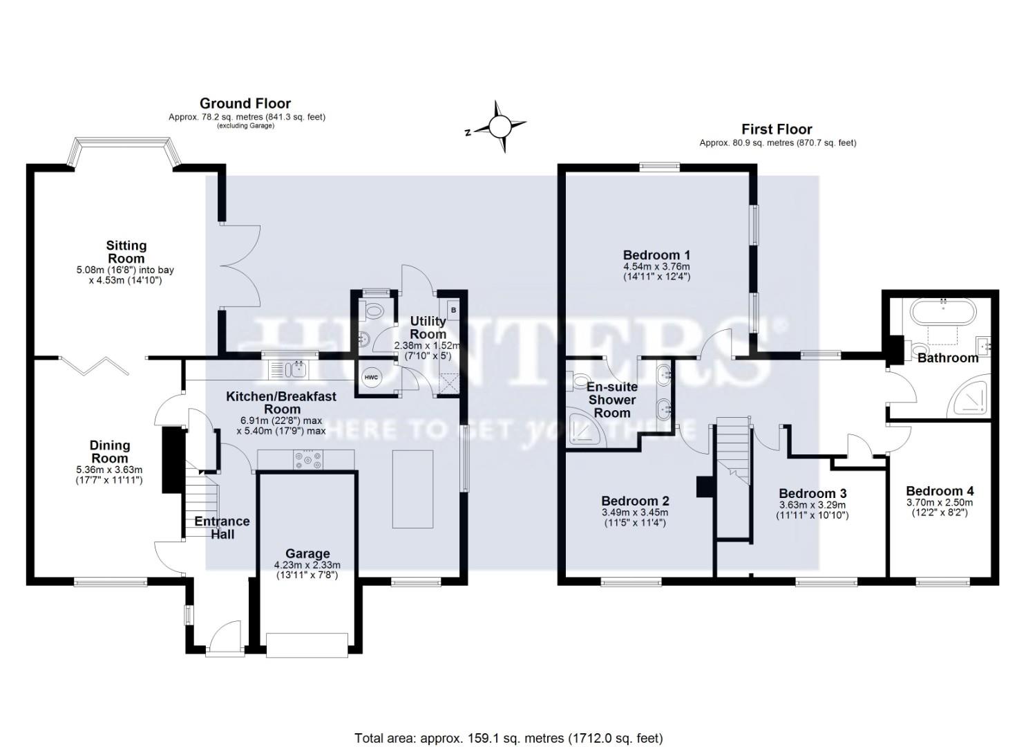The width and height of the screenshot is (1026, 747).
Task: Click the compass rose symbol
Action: (500, 127)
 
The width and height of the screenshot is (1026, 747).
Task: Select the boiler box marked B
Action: (453, 310)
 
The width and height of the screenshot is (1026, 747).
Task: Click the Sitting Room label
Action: (126, 252)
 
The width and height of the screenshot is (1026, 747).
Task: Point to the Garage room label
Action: (307, 553)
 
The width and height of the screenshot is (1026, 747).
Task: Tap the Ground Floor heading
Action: (245, 104)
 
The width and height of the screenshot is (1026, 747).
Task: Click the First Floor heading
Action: (777, 129)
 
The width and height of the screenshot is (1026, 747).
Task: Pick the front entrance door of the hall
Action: (225, 636)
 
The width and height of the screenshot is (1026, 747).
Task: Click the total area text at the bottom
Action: (509, 738)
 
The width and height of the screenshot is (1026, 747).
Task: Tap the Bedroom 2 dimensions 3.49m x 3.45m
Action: (634, 513)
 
